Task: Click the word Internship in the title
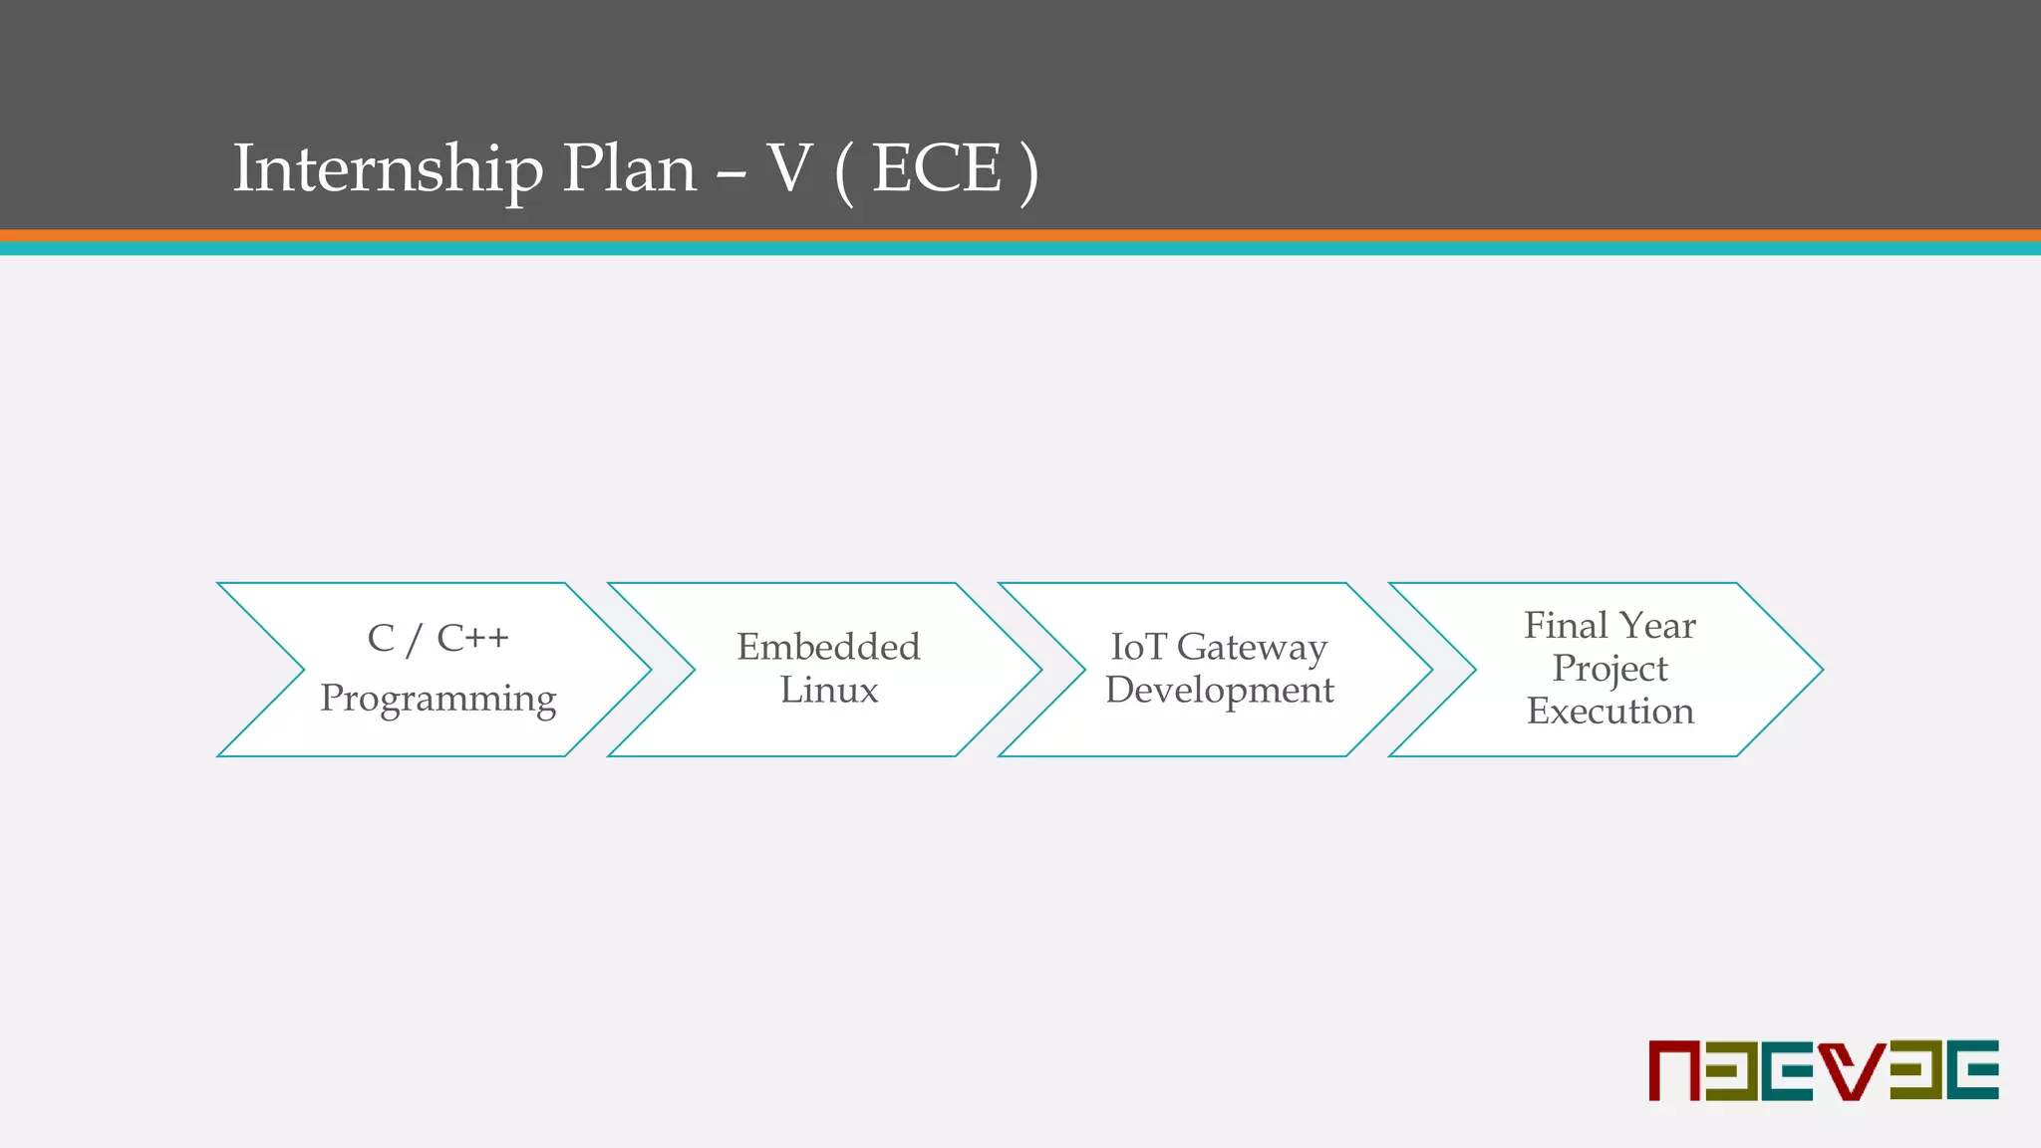tap(388, 169)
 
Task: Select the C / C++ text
tap(437, 638)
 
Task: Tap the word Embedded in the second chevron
tap(828, 647)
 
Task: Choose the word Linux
tap(829, 690)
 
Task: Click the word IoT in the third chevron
tap(1137, 647)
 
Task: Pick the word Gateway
tap(1252, 648)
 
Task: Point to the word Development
tap(1219, 690)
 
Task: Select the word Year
tap(1657, 626)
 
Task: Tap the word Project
tap(1609, 669)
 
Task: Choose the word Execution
tap(1609, 711)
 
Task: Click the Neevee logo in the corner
tap(1823, 1070)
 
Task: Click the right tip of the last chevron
tap(1819, 670)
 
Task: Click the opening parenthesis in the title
tap(844, 171)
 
